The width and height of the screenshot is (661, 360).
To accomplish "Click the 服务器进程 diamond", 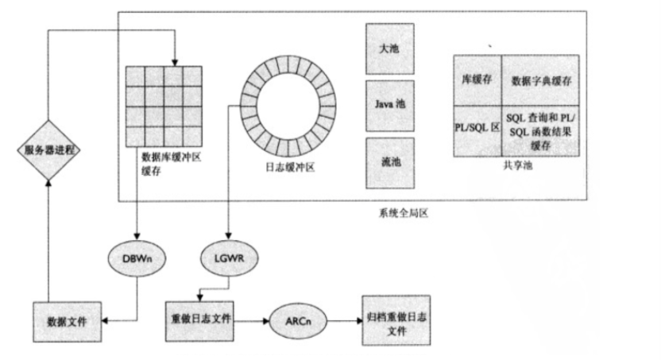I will pyautogui.click(x=48, y=150).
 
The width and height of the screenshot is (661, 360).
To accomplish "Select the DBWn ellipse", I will pyautogui.click(x=137, y=259).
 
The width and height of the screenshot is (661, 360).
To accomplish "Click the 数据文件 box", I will pyautogui.click(x=67, y=321).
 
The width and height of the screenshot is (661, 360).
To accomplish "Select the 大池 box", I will pyautogui.click(x=390, y=48).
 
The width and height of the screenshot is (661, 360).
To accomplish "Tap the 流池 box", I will pyautogui.click(x=390, y=163).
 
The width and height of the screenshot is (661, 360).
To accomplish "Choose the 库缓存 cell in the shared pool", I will pyautogui.click(x=477, y=80).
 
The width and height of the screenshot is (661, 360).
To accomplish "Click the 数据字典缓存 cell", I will pyautogui.click(x=542, y=80).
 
